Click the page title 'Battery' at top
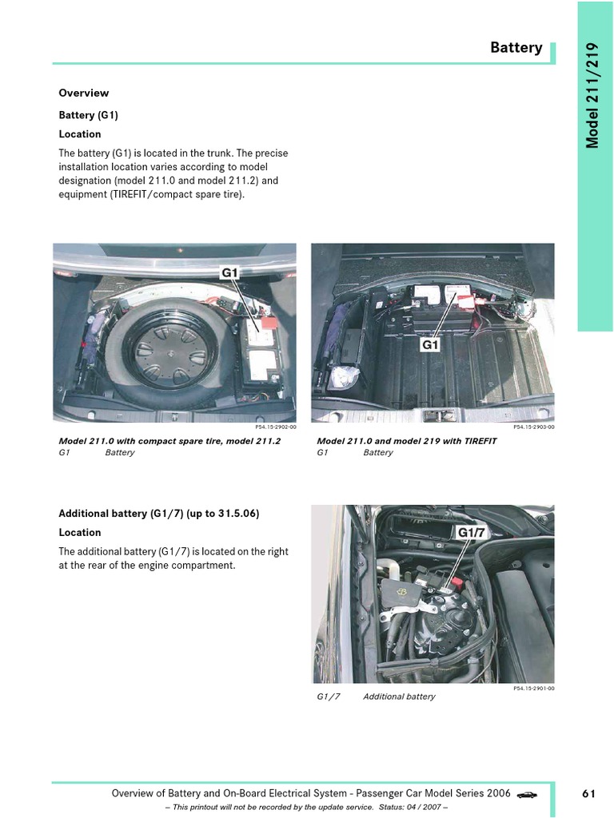[516, 47]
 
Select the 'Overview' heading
[83, 93]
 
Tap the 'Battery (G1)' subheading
[88, 115]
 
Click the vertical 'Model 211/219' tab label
[592, 96]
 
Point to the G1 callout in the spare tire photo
[229, 272]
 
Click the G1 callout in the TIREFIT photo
[429, 344]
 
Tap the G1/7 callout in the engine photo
[472, 532]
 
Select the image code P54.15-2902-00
[276, 427]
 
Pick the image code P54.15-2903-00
[534, 427]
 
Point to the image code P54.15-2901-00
[534, 688]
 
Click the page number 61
[588, 793]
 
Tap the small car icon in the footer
[527, 795]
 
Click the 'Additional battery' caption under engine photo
[399, 697]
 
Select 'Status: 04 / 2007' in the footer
[410, 807]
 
